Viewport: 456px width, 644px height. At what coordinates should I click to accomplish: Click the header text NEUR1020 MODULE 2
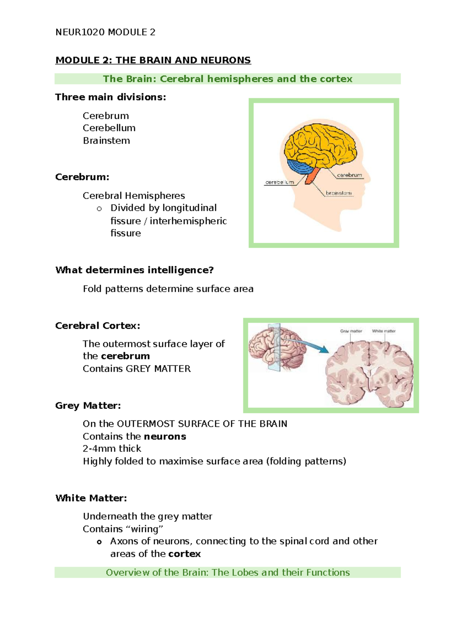pos(105,32)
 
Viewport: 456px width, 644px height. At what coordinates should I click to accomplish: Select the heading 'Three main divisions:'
pos(111,97)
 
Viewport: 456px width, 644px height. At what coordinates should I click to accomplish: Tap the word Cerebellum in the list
pos(109,128)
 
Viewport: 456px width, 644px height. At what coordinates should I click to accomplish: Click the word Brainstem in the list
pos(106,140)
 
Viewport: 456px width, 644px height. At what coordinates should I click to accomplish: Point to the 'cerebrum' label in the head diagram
pos(349,175)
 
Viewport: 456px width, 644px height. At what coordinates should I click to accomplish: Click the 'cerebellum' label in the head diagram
pos(279,182)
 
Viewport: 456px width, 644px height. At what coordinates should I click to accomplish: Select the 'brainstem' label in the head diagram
pos(339,193)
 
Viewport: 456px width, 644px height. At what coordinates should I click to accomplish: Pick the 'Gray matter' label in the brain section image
pos(351,331)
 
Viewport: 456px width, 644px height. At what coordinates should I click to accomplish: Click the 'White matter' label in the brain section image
pos(383,331)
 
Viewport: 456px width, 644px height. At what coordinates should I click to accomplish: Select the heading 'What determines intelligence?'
pos(135,270)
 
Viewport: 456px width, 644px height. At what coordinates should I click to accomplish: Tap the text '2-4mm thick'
pos(112,448)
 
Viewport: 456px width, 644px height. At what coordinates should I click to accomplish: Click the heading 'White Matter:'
pos(91,498)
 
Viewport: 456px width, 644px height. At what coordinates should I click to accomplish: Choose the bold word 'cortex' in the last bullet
pos(184,554)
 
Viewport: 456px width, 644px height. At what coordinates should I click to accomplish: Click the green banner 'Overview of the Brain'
pos(228,572)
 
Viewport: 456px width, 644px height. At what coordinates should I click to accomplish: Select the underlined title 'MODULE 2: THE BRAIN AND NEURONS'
pos(153,60)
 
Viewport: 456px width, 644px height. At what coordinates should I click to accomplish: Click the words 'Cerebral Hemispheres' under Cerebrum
pos(134,196)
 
